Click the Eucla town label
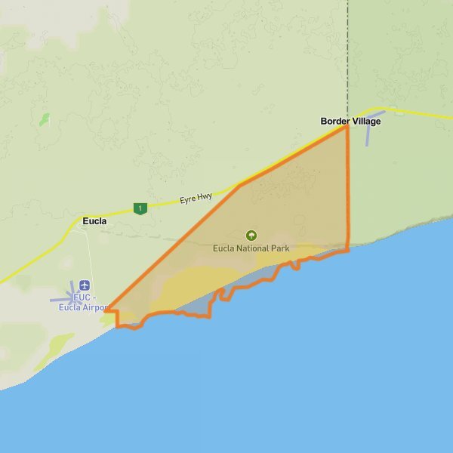(94, 221)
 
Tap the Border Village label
(350, 121)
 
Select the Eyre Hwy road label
(195, 198)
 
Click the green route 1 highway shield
(139, 208)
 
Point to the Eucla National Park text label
(251, 248)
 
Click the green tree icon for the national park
(251, 236)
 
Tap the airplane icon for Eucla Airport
(83, 285)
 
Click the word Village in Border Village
(366, 121)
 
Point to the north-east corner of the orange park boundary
(347, 126)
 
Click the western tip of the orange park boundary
(106, 310)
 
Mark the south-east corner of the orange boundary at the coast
(347, 250)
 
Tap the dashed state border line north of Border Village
(347, 53)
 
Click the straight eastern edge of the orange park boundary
(348, 189)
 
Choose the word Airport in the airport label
(91, 307)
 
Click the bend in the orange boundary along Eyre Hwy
(239, 186)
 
